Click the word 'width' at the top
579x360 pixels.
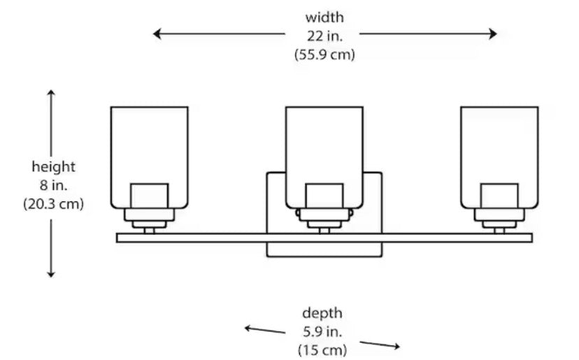(324, 17)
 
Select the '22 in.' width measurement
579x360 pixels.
(324, 36)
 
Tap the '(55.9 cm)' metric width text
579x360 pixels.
(324, 55)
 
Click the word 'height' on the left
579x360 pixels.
(53, 166)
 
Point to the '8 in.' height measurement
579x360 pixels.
(53, 185)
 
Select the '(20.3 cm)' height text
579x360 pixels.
(53, 204)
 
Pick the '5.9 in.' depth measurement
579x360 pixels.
(322, 331)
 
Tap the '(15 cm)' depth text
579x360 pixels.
(322, 349)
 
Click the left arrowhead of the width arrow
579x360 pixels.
(157, 33)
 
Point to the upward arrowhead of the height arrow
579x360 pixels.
(51, 93)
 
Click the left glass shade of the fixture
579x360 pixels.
(150, 147)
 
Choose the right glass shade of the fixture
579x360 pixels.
(499, 147)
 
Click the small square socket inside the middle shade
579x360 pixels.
(324, 196)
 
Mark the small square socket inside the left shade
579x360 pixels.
(150, 196)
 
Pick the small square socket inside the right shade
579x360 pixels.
(499, 196)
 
